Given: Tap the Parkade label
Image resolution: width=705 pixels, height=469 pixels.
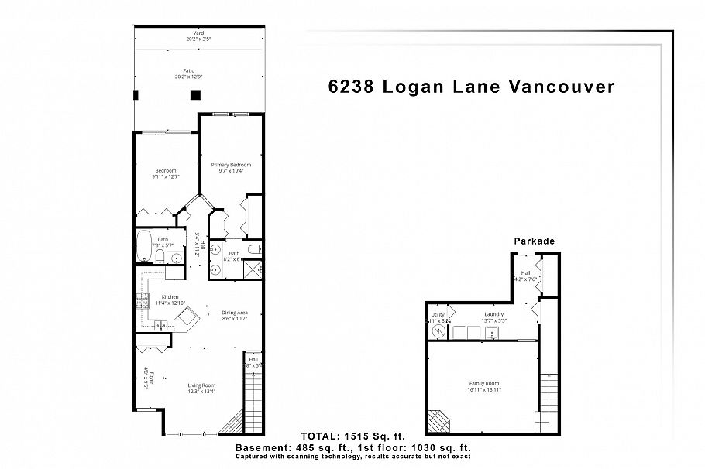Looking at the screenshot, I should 535,241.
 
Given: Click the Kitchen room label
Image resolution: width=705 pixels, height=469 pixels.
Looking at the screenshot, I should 170,297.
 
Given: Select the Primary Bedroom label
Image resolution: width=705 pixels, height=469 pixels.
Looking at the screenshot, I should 231,165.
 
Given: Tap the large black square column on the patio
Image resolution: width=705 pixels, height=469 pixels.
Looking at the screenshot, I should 195,94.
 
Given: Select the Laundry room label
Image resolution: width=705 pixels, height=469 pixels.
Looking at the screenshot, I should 473,315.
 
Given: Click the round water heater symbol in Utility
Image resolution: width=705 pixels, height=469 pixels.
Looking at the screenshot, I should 438,333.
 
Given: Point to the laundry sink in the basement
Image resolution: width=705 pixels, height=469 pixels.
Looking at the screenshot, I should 493,334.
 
